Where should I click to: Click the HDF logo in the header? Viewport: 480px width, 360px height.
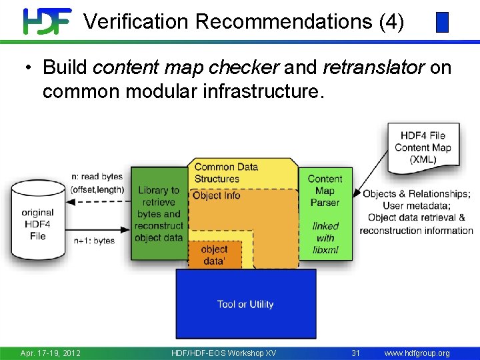tap(47, 21)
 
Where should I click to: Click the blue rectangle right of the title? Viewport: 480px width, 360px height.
tap(441, 23)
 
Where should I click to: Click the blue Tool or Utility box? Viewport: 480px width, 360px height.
tap(245, 304)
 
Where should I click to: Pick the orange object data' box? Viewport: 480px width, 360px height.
tap(213, 255)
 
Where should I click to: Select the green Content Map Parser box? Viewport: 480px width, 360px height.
tap(325, 191)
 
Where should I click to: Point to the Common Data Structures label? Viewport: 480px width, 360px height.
tap(226, 173)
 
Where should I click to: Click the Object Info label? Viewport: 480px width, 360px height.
tap(216, 195)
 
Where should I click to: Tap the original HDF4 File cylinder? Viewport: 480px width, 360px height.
tap(37, 220)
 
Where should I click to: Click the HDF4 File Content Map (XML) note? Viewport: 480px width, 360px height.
tap(423, 147)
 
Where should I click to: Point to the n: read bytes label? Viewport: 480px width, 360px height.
tap(97, 177)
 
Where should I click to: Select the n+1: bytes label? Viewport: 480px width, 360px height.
tap(94, 241)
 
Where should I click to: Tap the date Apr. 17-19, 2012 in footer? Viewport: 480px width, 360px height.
tap(51, 353)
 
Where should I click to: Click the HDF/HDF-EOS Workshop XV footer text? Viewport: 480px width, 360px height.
tap(223, 353)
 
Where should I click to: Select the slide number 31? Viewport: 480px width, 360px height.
tap(355, 353)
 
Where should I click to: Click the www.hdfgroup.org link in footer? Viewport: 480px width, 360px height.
tap(417, 353)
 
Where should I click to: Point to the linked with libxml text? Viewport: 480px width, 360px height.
tap(325, 238)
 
